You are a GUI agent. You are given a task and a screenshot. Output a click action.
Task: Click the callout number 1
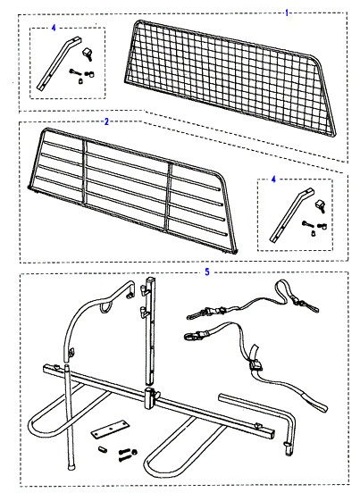[287, 13]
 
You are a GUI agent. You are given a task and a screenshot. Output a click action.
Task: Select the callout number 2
[106, 121]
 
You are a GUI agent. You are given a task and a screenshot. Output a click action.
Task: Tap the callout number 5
[207, 271]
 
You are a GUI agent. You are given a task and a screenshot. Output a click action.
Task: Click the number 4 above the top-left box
[54, 28]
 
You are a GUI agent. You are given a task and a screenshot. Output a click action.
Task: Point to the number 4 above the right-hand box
[273, 180]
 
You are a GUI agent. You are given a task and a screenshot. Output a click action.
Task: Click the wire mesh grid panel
[230, 78]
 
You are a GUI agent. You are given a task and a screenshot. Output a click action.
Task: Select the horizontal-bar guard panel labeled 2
[133, 191]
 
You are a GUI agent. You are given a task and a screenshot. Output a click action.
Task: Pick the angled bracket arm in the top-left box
[59, 63]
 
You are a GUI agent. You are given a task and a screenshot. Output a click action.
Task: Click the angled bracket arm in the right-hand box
[292, 215]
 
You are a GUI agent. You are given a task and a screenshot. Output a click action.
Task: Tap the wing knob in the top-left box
[88, 54]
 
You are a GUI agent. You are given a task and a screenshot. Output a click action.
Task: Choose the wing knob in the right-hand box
[321, 205]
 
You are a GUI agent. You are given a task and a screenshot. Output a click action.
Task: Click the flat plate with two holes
[110, 430]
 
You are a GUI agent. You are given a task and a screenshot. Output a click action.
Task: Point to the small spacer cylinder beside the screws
[103, 450]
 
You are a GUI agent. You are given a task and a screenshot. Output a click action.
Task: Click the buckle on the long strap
[255, 365]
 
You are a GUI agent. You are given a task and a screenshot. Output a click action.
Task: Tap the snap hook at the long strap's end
[193, 336]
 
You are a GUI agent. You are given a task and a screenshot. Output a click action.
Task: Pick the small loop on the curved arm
[105, 307]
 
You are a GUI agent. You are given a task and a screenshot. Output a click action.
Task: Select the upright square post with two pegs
[149, 331]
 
